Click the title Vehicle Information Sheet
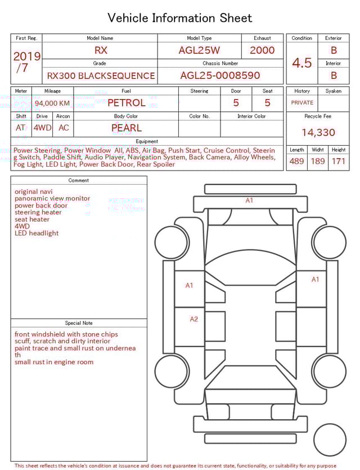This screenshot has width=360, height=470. click(179, 18)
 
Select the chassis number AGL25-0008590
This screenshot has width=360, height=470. click(220, 75)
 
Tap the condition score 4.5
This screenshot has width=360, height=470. click(301, 63)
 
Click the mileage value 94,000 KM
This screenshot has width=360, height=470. click(52, 103)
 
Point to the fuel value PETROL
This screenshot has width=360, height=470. click(126, 102)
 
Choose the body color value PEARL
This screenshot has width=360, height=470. click(126, 128)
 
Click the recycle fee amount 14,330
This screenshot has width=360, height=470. click(318, 133)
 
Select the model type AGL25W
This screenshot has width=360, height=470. click(199, 50)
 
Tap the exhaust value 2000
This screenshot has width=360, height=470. click(262, 50)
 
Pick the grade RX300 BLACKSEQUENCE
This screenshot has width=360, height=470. click(101, 75)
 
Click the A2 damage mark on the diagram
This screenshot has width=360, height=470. click(193, 319)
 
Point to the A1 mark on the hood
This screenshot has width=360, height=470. click(249, 200)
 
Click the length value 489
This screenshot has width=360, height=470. click(296, 162)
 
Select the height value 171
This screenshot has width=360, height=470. click(339, 162)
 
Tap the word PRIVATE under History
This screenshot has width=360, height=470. click(302, 102)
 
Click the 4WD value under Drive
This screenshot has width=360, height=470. click(42, 128)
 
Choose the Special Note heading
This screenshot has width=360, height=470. click(79, 323)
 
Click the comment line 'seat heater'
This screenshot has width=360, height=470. click(32, 220)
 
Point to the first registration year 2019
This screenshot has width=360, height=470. click(27, 56)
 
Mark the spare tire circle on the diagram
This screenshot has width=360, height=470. click(330, 440)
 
